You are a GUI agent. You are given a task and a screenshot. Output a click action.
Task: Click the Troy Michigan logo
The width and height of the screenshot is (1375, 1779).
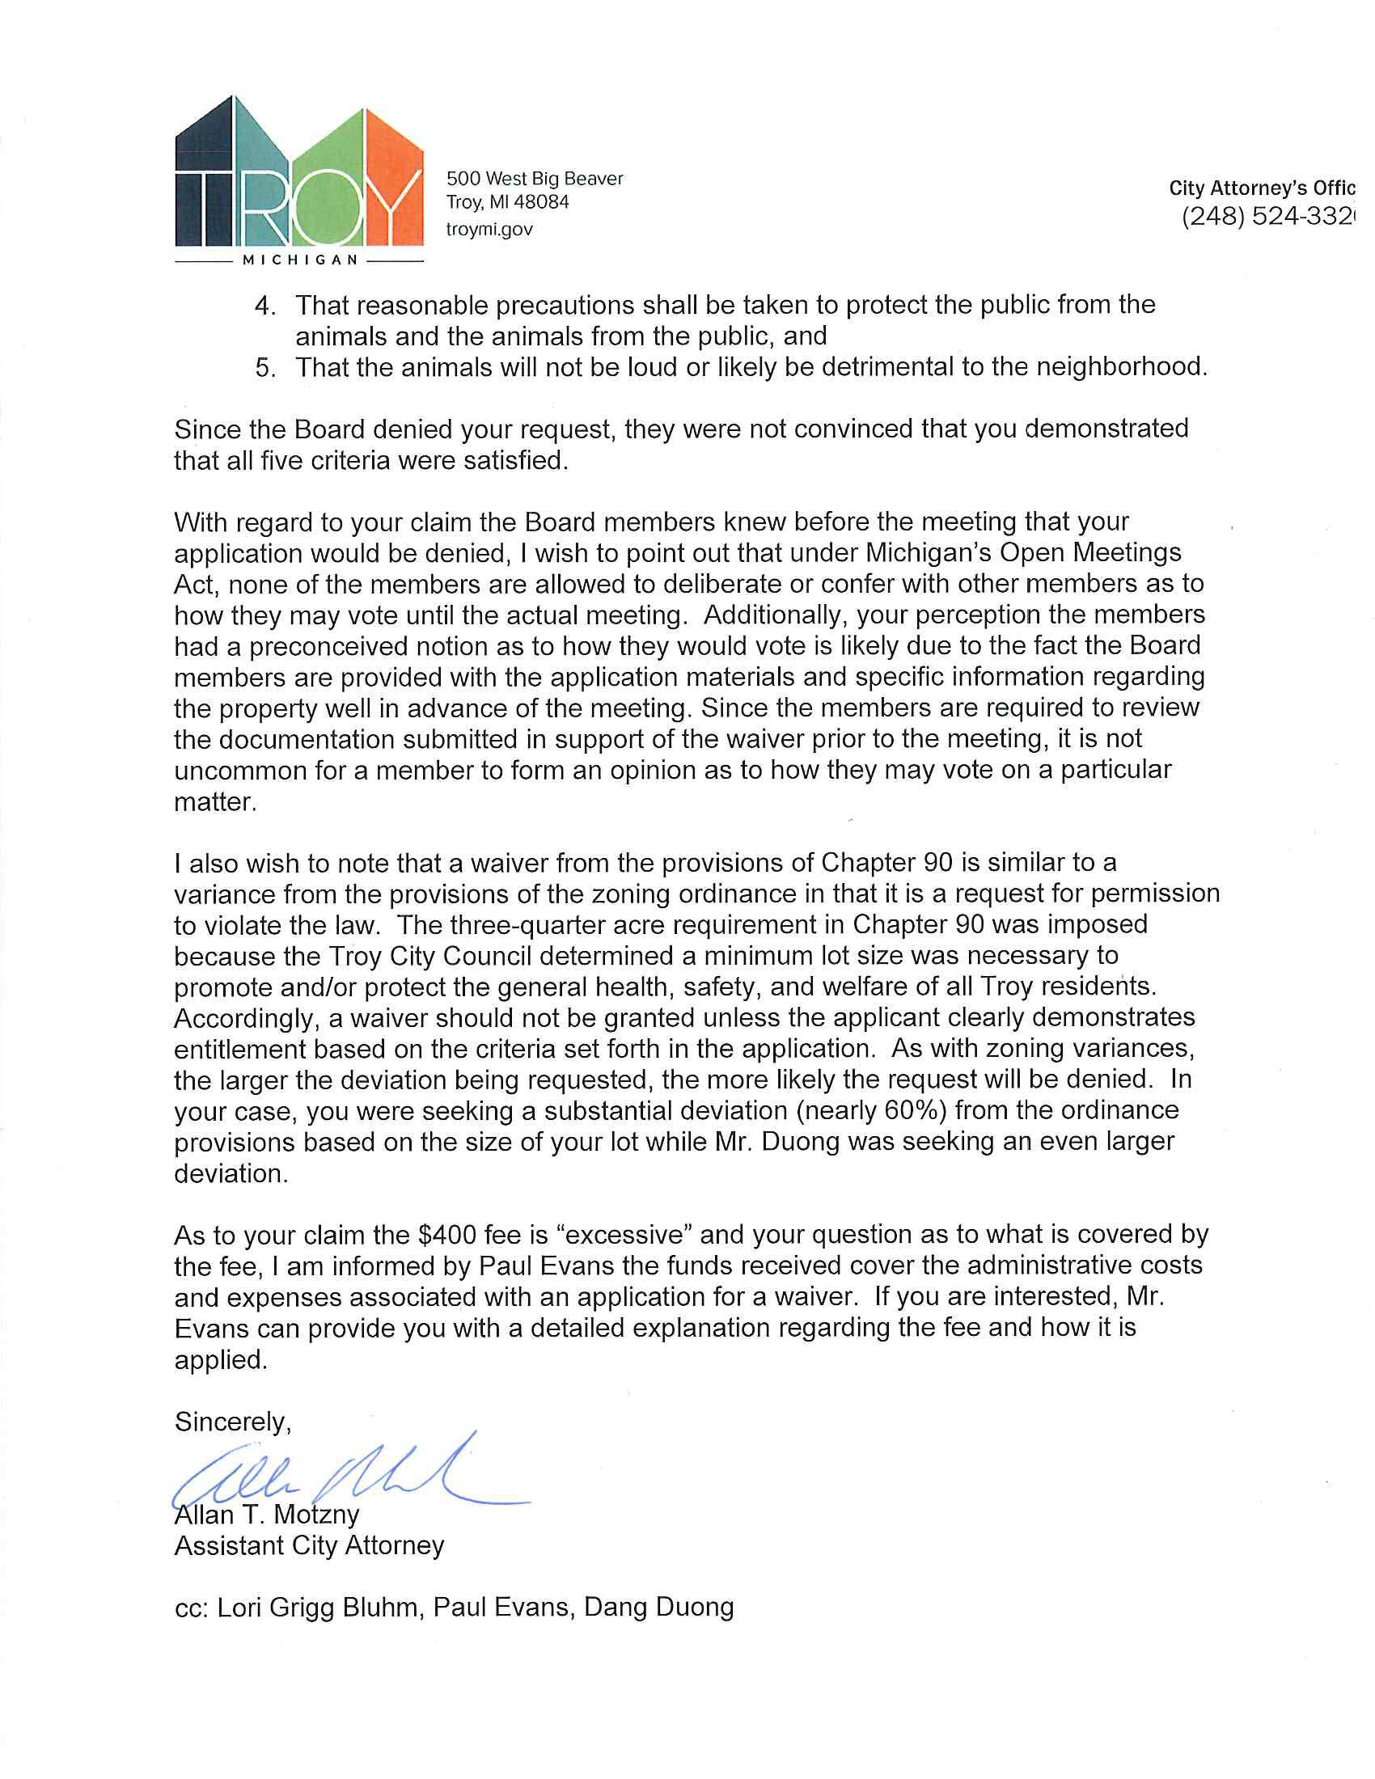(299, 181)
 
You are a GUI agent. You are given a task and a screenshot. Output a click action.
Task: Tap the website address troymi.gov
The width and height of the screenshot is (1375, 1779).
(489, 230)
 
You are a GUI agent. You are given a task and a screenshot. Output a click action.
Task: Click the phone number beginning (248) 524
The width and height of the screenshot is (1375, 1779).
(1267, 217)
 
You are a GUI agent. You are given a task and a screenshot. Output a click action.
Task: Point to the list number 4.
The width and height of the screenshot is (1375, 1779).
(264, 306)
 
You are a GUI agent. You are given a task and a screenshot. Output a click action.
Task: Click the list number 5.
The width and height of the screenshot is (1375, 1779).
(264, 368)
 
